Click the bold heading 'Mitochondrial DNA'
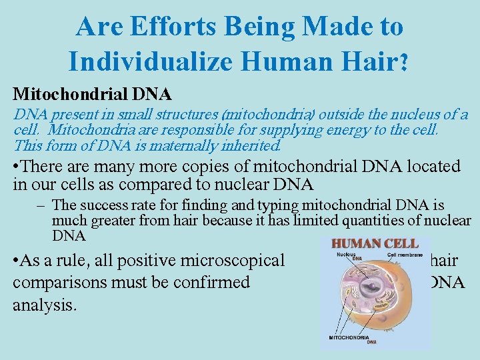pyautogui.click(x=93, y=94)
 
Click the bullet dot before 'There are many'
pyautogui.click(x=17, y=167)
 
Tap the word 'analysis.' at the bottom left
pyautogui.click(x=44, y=305)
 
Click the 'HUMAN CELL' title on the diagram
pyautogui.click(x=375, y=243)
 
